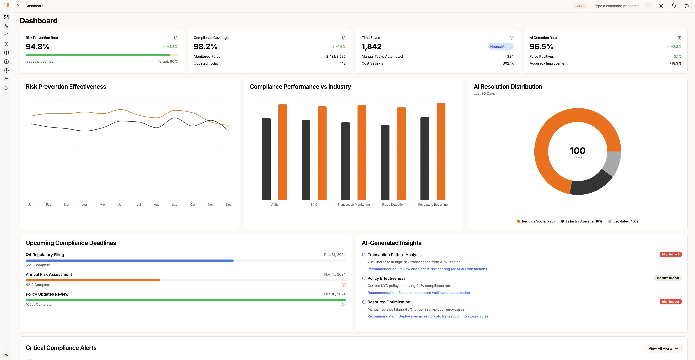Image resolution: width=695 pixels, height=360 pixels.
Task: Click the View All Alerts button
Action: [663, 348]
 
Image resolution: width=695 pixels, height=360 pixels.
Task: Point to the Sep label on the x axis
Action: [175, 205]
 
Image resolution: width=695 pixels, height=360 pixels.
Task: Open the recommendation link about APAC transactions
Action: [427, 269]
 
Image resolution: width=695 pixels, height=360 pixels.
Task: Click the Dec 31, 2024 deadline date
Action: [334, 255]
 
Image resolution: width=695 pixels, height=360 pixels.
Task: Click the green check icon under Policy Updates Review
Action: [343, 305]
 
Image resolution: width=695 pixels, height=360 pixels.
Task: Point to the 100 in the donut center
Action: [577, 151]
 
